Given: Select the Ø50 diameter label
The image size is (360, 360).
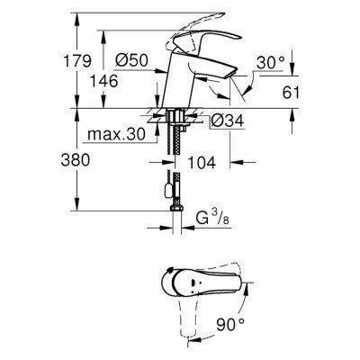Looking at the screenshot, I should pyautogui.click(x=133, y=60).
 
